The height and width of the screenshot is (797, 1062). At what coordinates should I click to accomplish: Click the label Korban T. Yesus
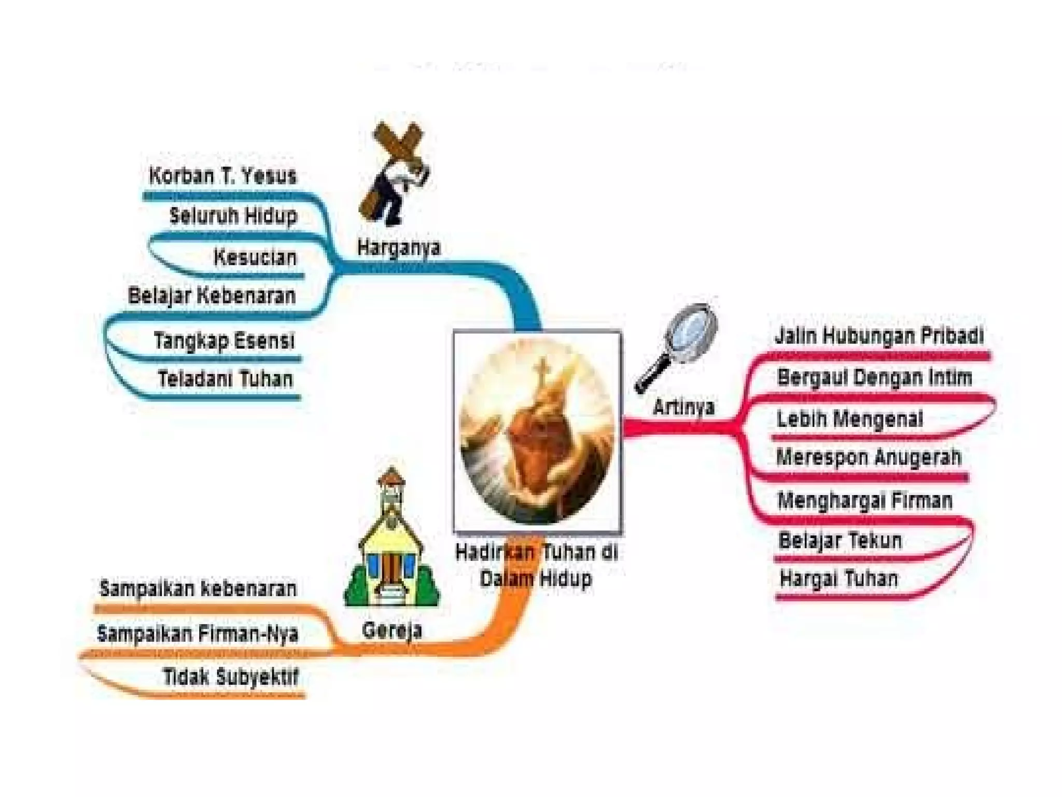tap(222, 176)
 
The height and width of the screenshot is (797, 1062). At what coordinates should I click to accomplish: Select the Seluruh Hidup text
tap(233, 215)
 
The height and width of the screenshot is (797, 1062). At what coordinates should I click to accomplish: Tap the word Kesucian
tap(255, 257)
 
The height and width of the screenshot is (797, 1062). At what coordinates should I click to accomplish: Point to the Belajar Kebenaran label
tap(212, 296)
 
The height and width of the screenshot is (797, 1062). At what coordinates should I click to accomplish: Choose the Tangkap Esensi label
tap(224, 341)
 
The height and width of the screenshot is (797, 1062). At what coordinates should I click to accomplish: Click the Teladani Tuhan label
tap(226, 379)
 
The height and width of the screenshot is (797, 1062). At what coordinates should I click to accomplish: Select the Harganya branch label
tap(398, 247)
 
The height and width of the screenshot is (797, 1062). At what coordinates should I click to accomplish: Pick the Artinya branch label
tap(683, 406)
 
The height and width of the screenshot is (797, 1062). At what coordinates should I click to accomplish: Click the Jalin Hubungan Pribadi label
tap(879, 336)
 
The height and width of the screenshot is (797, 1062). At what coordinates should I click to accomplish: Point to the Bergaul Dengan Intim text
tap(875, 377)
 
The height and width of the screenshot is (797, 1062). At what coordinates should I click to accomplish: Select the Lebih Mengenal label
tap(850, 419)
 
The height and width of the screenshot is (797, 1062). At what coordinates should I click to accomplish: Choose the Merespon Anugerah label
tap(869, 457)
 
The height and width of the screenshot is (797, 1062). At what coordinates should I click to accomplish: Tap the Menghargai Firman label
tap(865, 500)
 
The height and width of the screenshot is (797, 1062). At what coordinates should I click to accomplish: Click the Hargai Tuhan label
tap(839, 579)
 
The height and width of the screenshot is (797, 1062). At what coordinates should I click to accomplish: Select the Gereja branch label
tap(392, 630)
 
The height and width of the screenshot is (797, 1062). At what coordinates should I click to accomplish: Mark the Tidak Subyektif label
tap(231, 677)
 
